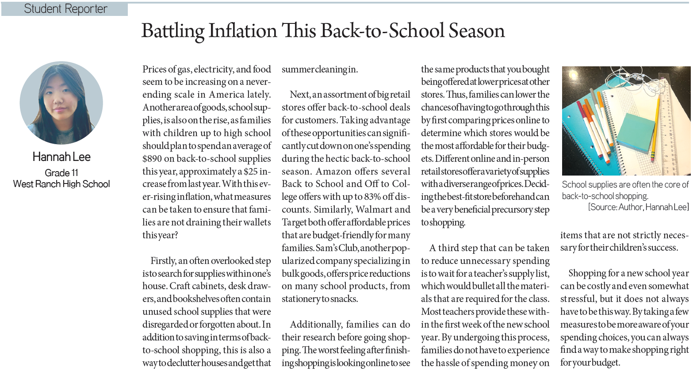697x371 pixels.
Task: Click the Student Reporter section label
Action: tap(65, 9)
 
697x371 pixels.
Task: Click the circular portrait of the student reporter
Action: tap(61, 103)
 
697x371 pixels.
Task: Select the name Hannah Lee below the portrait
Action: tap(61, 157)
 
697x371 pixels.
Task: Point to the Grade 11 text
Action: tap(61, 173)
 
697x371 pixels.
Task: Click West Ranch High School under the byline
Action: tap(61, 184)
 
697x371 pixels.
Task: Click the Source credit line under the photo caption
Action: tap(638, 207)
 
